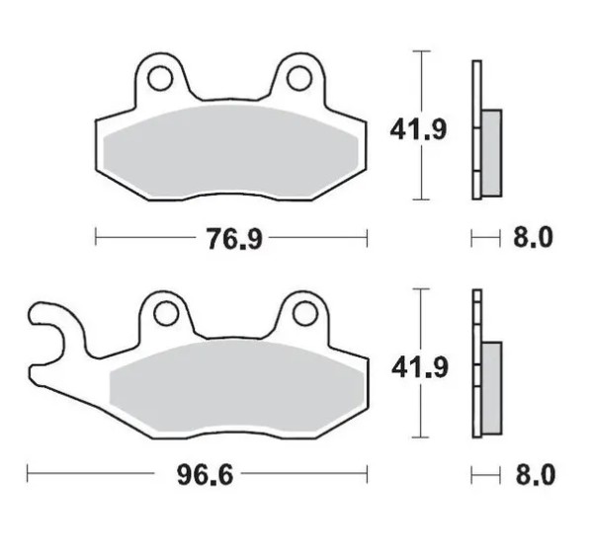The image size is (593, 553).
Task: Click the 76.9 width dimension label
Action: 234,239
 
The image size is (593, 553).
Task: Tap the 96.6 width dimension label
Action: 205,475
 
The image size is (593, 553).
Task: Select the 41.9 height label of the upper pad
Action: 418,129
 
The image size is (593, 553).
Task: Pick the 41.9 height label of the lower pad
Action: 420,367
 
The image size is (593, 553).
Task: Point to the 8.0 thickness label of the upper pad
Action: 533,238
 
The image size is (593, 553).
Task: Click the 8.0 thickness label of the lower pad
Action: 535,475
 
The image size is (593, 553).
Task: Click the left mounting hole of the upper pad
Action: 160,79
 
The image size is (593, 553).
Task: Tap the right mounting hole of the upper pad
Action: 299,78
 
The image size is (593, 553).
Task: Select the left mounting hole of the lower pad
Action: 166,314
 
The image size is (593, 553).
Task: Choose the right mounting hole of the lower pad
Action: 304,314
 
